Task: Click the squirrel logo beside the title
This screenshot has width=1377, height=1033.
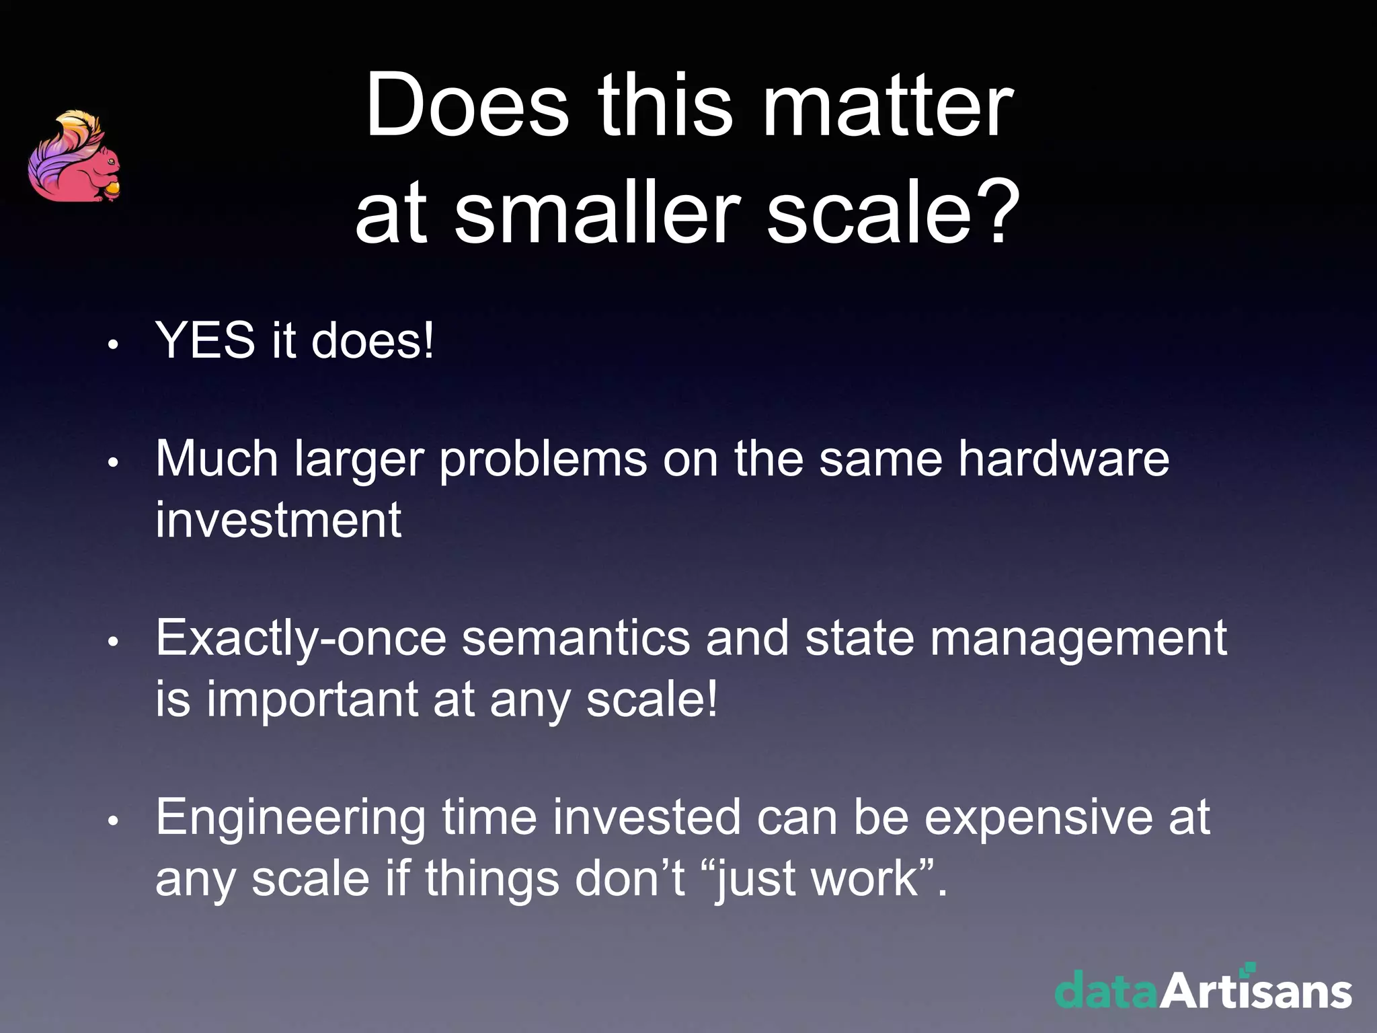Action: pyautogui.click(x=74, y=158)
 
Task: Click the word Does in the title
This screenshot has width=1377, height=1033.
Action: pyautogui.click(x=467, y=106)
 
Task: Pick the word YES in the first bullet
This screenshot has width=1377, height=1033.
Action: pyautogui.click(x=205, y=340)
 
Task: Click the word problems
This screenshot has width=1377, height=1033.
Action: pyautogui.click(x=543, y=460)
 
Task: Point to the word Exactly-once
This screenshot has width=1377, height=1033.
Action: pyautogui.click(x=301, y=639)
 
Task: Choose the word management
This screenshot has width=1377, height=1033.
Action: pyautogui.click(x=1078, y=639)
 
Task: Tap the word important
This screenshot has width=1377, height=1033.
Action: pyautogui.click(x=312, y=700)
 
